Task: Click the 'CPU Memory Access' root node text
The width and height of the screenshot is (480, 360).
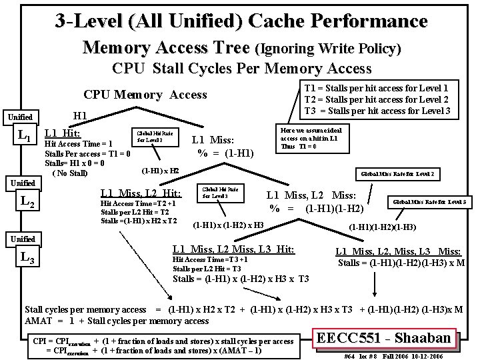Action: (x=145, y=95)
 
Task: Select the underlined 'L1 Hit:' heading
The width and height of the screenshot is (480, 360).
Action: (x=61, y=133)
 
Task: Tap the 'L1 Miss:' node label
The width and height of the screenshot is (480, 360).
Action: (x=213, y=140)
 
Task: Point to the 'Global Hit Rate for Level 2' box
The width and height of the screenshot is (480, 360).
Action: (x=155, y=137)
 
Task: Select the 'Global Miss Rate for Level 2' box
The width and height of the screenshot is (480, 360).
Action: (x=397, y=174)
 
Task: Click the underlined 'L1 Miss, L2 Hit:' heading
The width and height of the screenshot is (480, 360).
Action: (x=139, y=193)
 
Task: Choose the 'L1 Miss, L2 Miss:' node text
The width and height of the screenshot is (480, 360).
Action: (x=312, y=195)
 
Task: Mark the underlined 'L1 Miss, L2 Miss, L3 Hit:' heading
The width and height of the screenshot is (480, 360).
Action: (x=233, y=249)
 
